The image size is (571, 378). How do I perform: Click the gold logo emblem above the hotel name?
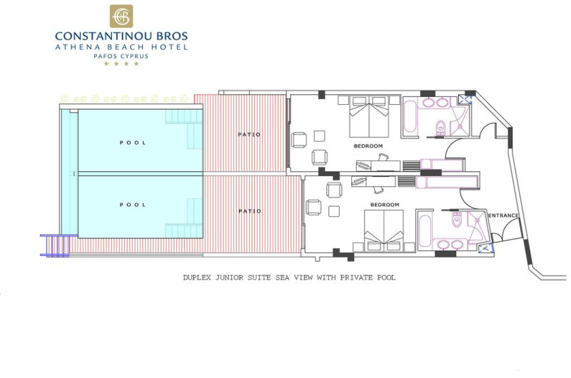121,16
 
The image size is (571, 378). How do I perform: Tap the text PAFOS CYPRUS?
121,56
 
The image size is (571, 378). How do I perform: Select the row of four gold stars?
121,63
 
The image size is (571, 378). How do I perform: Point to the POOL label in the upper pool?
133,143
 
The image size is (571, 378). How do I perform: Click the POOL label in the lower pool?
133,205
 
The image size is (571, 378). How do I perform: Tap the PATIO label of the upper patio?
249,135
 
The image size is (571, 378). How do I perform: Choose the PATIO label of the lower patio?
250,211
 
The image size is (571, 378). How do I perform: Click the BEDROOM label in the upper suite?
368,146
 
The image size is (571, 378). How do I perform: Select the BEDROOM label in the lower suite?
385,205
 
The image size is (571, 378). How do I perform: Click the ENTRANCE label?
503,215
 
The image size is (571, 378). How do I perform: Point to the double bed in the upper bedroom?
369,116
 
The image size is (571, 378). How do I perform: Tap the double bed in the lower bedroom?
384,230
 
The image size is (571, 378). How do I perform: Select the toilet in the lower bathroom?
457,220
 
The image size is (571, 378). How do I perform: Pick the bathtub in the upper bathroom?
410,117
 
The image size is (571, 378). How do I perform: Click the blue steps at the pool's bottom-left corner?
55,245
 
